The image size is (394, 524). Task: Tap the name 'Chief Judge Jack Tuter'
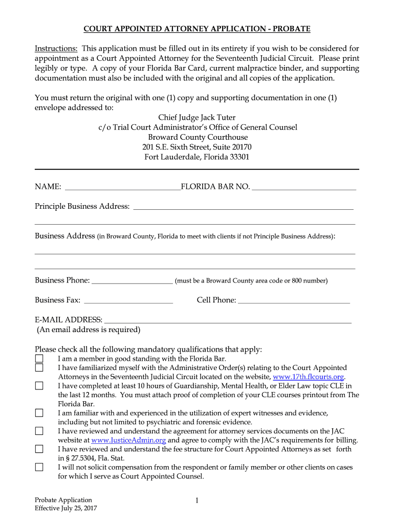coord(197,118)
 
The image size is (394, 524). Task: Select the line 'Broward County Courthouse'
coord(198,137)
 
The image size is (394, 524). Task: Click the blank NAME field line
coord(123,187)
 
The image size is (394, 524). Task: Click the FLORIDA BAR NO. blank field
coord(304,187)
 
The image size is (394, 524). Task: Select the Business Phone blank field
coord(132,280)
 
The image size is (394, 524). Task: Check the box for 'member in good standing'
coord(39,359)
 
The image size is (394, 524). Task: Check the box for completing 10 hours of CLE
coord(39,386)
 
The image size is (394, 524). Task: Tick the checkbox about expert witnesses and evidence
coord(39,413)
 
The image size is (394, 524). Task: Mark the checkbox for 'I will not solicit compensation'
coord(39,467)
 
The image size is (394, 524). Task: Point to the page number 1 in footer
coord(196,501)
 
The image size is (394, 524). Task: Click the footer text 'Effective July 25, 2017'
coord(66,509)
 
